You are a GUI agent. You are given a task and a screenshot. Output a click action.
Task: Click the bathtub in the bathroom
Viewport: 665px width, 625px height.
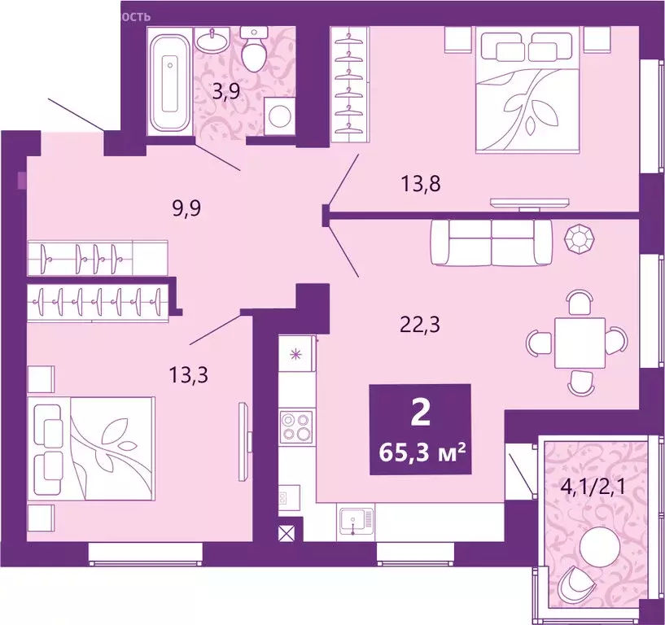point(172,79)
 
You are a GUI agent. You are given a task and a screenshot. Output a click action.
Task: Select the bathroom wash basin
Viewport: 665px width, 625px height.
point(214,38)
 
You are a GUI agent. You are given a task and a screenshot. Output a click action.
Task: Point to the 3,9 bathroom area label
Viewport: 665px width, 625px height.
point(225,91)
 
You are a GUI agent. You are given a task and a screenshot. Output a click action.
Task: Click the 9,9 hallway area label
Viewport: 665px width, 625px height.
point(186,208)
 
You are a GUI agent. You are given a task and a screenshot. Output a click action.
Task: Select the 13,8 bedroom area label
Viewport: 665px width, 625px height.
point(421,184)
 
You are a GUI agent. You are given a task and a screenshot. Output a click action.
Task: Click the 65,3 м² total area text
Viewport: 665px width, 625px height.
point(421,450)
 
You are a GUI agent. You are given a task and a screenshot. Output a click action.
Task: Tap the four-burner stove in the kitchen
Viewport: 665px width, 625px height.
point(295,426)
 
